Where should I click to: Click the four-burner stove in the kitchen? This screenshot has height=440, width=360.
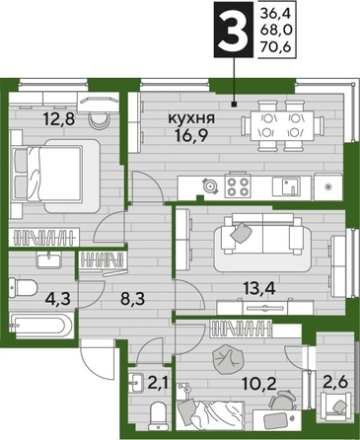(x=239, y=184)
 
